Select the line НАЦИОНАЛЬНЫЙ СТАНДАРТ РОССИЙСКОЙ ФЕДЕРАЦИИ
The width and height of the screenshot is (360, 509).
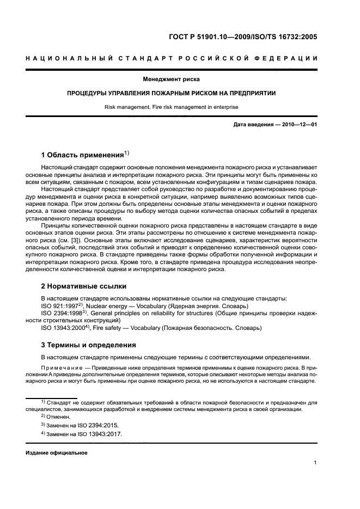tap(180, 59)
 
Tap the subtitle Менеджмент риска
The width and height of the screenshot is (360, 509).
tap(179, 79)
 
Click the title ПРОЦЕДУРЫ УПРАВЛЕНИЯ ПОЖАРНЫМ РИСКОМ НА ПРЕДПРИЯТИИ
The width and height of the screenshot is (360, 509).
tap(179, 93)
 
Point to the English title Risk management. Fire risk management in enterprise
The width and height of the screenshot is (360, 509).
tap(179, 107)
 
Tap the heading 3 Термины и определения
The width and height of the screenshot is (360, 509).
tap(85, 345)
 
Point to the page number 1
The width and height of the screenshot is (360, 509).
tap(315, 463)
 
